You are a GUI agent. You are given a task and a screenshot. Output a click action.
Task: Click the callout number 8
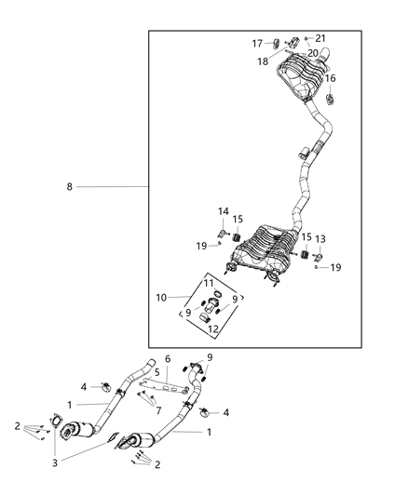point(69,187)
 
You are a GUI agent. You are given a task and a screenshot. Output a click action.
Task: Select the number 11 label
point(209,283)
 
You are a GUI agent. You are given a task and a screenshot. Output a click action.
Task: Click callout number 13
point(320,239)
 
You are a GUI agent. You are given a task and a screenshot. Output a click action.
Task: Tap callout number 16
point(331,79)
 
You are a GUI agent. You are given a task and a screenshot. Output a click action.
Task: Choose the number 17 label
point(258,44)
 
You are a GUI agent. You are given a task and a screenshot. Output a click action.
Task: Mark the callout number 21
point(320,37)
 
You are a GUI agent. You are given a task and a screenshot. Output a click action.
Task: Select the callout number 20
point(312,53)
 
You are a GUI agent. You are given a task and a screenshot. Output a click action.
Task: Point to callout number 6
point(168,358)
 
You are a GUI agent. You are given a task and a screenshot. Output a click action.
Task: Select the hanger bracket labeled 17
point(278,43)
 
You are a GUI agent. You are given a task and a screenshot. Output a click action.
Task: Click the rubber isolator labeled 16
point(329,97)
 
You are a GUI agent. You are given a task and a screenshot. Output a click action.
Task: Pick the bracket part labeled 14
point(224,231)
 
